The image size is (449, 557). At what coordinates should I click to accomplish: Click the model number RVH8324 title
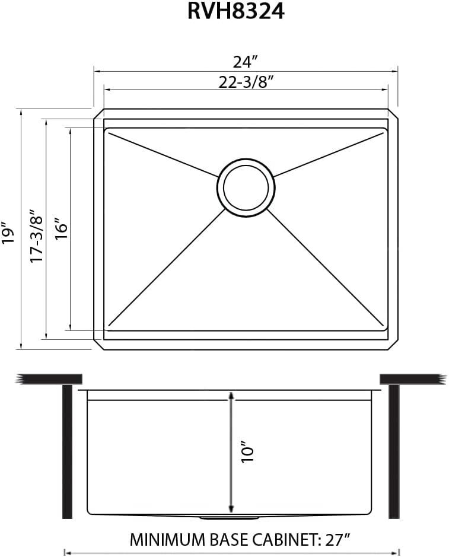235,11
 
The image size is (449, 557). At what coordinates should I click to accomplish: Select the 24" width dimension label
245,61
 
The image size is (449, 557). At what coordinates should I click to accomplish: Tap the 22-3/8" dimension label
245,82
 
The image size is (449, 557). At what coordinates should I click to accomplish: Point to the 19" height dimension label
8,233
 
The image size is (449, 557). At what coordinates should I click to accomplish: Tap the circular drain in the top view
246,187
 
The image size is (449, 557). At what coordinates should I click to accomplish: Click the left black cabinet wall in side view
67,451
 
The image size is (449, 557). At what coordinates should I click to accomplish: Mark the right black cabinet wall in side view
394,451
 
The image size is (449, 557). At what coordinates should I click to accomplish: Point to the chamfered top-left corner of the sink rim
98,114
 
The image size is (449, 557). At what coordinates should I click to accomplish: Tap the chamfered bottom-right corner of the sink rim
393,345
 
